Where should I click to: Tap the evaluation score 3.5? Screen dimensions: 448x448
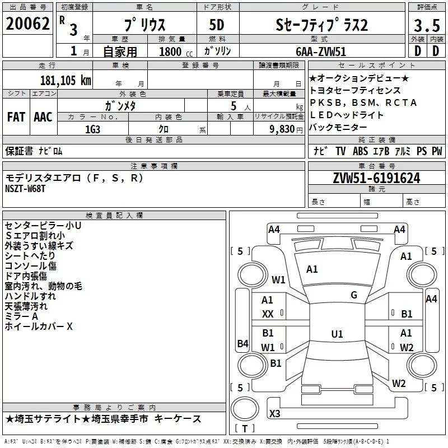pos(426,25)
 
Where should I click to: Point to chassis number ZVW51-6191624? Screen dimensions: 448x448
pos(376,179)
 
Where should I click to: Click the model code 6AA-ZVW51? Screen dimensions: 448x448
pos(321,51)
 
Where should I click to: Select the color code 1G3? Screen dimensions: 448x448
pos(92,129)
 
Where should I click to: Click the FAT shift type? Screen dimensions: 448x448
pos(16,117)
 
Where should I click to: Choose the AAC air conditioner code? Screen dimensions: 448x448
pos(43,117)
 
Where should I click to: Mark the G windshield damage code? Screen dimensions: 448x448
pos(354,295)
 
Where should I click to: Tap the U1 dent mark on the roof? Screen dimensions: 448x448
pos(337,334)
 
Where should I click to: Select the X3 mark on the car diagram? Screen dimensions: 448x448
pos(275,414)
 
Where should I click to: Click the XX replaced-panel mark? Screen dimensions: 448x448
pos(268,315)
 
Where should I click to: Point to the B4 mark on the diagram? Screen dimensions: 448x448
pos(242,344)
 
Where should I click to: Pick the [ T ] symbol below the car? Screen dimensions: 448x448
pos(245,428)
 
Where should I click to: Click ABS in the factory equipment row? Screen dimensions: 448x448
pos(361,151)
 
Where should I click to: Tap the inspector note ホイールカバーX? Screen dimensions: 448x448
pos(39,326)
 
